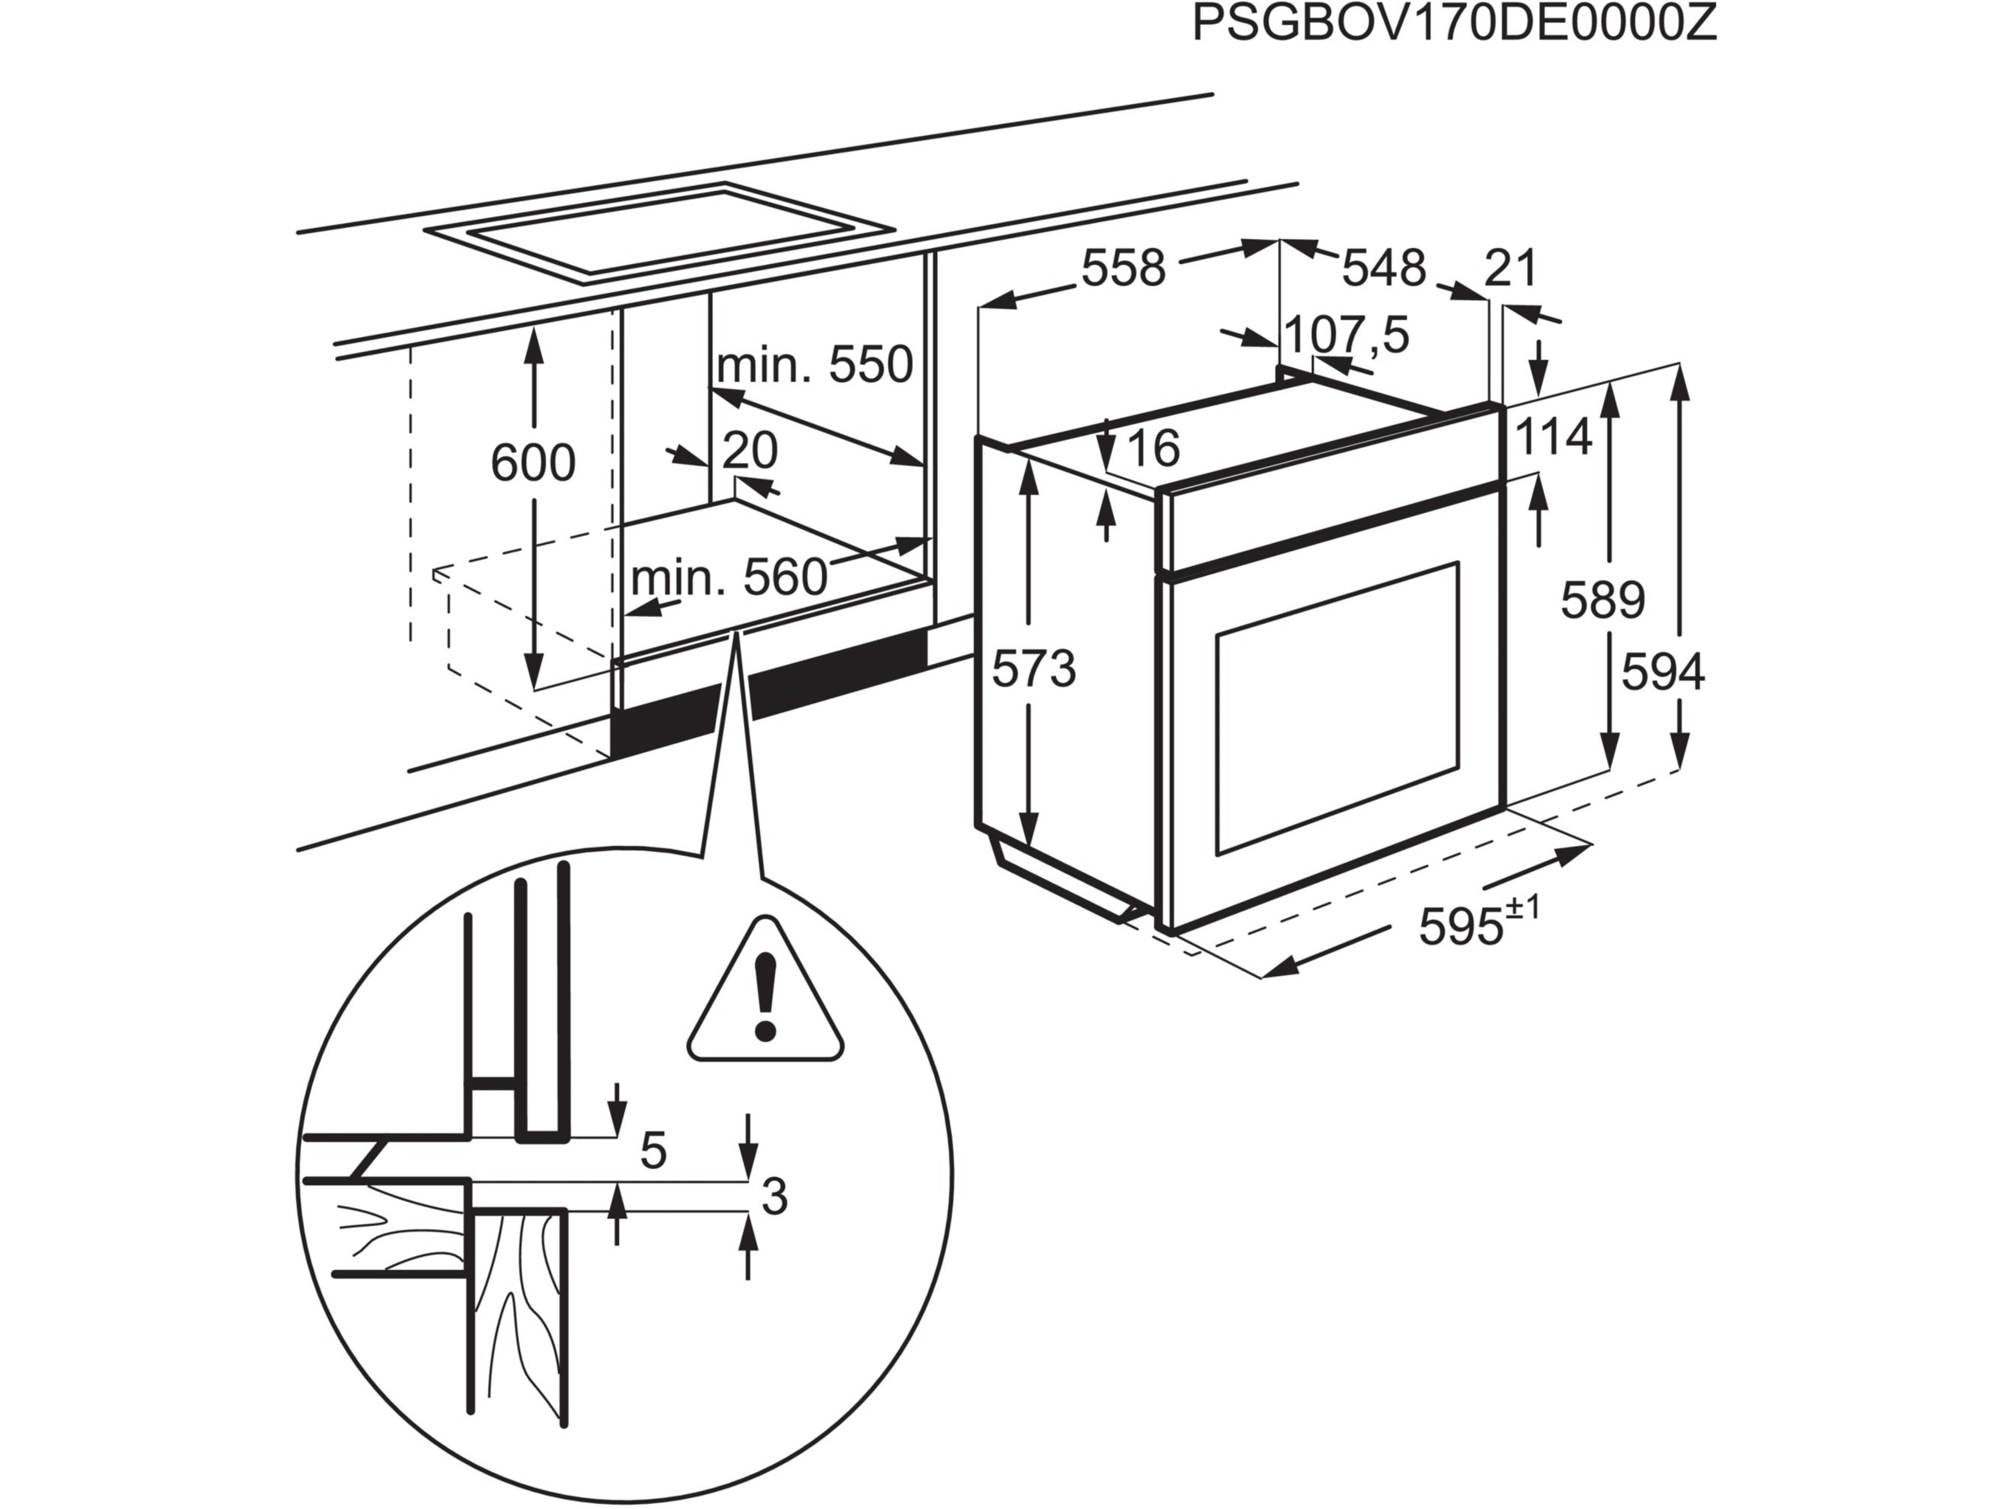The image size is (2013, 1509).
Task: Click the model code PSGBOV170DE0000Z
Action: [1454, 24]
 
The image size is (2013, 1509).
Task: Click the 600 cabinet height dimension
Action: [533, 462]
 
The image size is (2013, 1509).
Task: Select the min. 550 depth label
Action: [814, 365]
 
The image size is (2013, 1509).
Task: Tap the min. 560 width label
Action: [729, 577]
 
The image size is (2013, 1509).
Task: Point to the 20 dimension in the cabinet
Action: [751, 449]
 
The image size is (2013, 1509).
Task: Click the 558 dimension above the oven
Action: [1123, 268]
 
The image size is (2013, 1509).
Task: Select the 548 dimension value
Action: [1384, 268]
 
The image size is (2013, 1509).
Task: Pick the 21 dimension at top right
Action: [1511, 268]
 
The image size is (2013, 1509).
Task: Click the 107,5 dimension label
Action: [1346, 334]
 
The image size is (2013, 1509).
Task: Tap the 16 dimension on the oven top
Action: [1153, 448]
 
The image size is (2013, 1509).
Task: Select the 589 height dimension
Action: [1603, 600]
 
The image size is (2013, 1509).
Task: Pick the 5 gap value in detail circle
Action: [653, 1152]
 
